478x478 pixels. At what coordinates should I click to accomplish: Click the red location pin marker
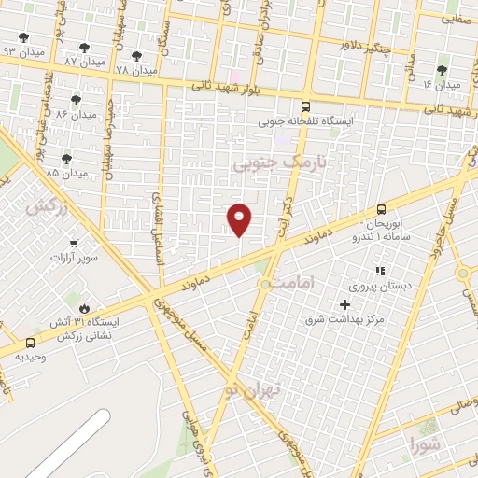(240, 219)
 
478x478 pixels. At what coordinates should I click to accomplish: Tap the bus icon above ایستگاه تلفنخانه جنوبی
(306, 106)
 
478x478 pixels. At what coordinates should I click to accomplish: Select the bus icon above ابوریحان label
(381, 210)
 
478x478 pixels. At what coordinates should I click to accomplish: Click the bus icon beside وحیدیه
(31, 343)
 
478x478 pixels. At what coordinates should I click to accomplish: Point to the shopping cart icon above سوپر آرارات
(73, 218)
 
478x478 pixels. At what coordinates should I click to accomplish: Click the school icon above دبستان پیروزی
(379, 270)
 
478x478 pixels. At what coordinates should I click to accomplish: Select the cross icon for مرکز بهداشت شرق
(344, 305)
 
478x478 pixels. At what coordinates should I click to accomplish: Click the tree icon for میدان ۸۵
(66, 159)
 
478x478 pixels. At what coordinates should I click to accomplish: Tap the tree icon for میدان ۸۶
(76, 100)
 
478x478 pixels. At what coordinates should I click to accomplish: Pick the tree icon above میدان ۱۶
(442, 69)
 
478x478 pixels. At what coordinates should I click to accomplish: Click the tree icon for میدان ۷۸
(136, 56)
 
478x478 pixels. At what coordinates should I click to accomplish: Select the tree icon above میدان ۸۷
(85, 47)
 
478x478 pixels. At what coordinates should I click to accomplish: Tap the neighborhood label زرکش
(48, 207)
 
